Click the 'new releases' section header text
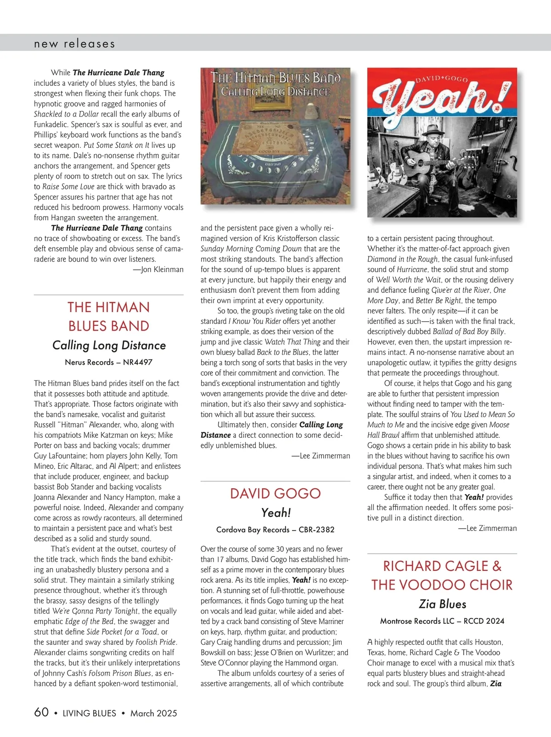(x=74, y=44)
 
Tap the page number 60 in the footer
(x=41, y=712)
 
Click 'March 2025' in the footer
(x=153, y=713)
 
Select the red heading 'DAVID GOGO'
(x=275, y=494)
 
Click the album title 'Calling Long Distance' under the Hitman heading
(x=109, y=346)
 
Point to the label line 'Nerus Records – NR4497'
(x=109, y=362)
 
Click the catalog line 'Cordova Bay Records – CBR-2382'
(x=275, y=530)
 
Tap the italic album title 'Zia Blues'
(x=442, y=604)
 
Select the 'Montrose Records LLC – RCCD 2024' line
(x=442, y=621)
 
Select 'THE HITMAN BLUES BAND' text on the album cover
(x=275, y=78)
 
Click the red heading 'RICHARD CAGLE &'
(x=442, y=566)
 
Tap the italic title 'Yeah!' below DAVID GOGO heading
(x=275, y=513)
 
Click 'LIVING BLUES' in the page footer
(x=90, y=713)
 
